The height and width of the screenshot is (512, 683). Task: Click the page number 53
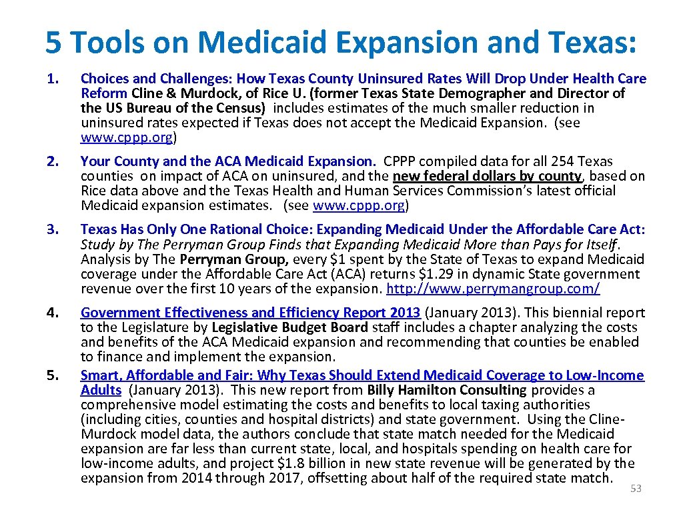coord(636,489)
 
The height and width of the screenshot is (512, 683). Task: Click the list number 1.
coord(51,79)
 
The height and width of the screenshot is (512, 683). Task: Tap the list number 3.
coord(51,230)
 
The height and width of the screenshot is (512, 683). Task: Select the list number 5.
coord(51,375)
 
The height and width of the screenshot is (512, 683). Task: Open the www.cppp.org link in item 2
coord(358,205)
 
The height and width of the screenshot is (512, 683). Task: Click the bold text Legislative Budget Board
coord(289,327)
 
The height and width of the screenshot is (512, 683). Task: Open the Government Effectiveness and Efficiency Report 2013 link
coord(251,313)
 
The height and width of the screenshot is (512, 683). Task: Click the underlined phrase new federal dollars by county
coord(487,176)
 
